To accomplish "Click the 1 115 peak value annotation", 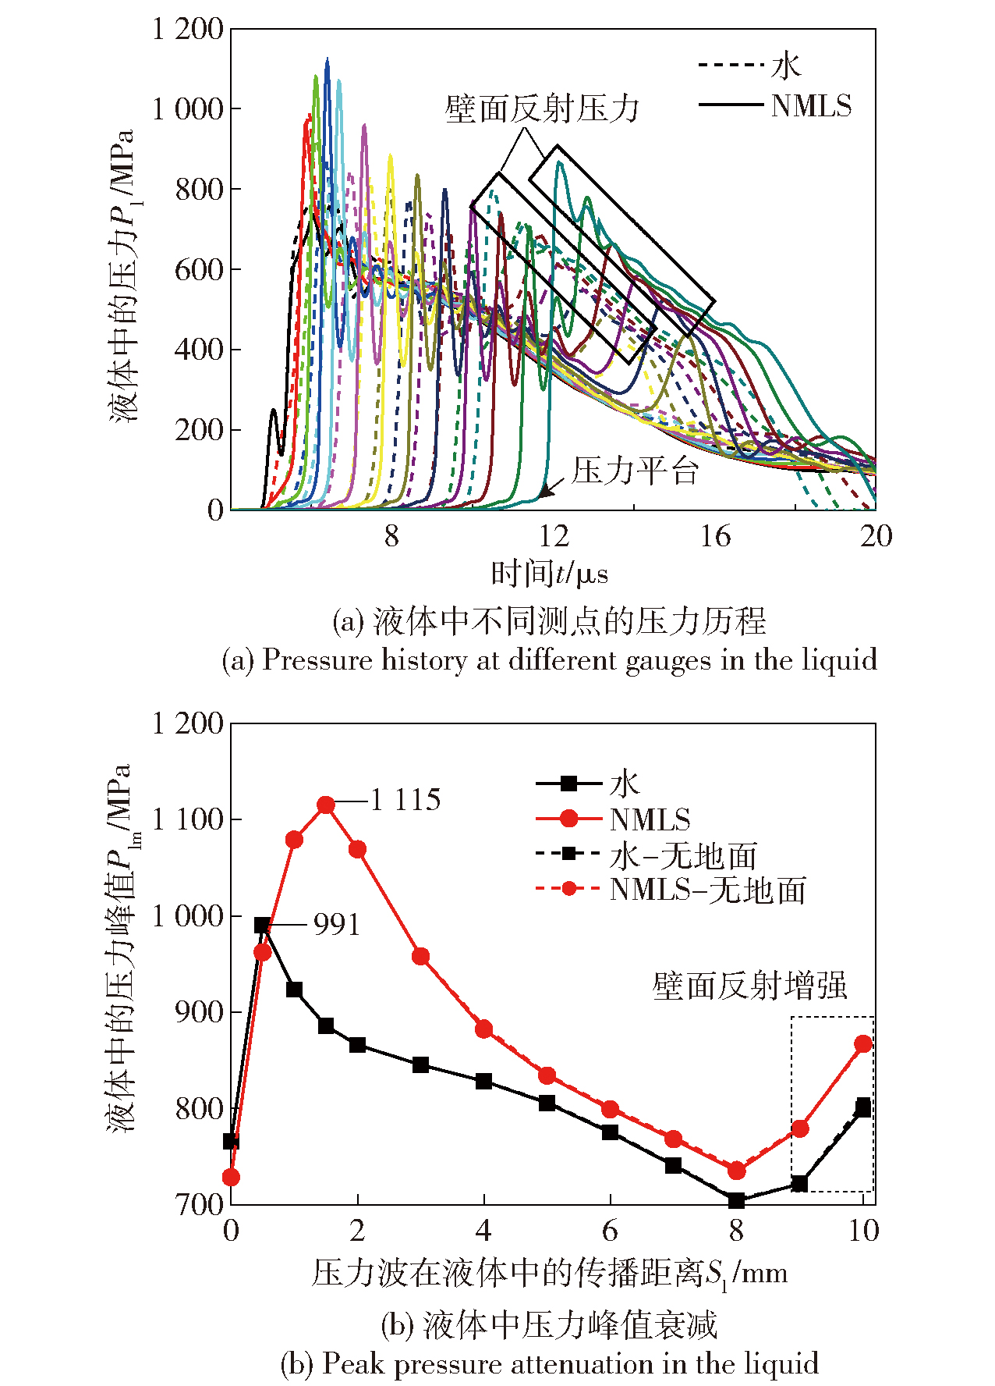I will (x=405, y=800).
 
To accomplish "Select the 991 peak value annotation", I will (x=337, y=925).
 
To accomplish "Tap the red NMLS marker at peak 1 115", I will (x=326, y=805).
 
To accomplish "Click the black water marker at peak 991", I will (x=263, y=926).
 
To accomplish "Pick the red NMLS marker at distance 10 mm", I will (x=863, y=1044).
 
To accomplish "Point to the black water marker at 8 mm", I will (x=736, y=1200).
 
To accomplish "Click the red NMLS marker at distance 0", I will (x=231, y=1178).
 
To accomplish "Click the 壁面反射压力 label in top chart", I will (x=542, y=109).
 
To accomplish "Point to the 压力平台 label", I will (x=635, y=471).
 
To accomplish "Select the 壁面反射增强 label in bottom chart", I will (x=749, y=986).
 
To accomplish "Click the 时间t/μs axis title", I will (x=549, y=574).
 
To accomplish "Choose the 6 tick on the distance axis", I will (x=610, y=1231).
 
